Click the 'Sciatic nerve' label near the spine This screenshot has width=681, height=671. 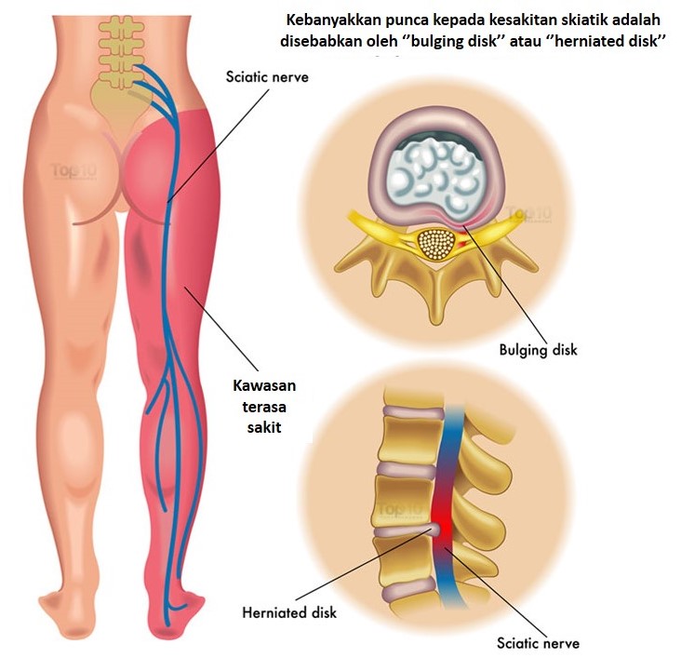[266, 78]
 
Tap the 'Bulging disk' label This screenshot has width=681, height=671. [537, 350]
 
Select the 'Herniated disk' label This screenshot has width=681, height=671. [289, 612]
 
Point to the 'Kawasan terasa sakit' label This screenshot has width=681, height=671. [258, 405]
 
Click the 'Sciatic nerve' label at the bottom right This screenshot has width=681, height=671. [538, 643]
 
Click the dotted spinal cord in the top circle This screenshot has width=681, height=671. [436, 243]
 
